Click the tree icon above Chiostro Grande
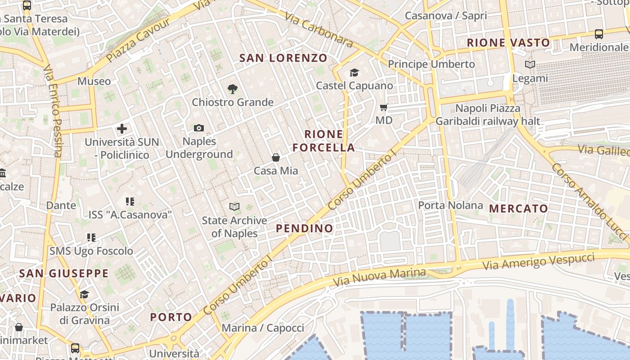[x=233, y=89]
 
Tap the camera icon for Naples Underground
[x=199, y=128]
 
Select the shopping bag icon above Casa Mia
[x=276, y=157]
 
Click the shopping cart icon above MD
[x=384, y=107]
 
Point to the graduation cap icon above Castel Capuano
[x=354, y=72]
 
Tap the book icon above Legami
[x=530, y=65]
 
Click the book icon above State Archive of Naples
[x=234, y=207]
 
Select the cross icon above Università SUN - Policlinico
[x=122, y=129]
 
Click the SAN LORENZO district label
[x=283, y=58]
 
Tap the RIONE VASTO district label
[x=508, y=43]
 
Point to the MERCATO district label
[x=518, y=208]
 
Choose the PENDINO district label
[x=305, y=228]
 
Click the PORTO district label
[x=171, y=317]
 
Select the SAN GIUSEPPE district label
[x=64, y=273]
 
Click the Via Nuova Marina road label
[x=379, y=277]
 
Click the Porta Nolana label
[x=450, y=206]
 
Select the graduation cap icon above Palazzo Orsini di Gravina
[x=84, y=294]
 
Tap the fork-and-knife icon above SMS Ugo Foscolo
[x=91, y=237]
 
